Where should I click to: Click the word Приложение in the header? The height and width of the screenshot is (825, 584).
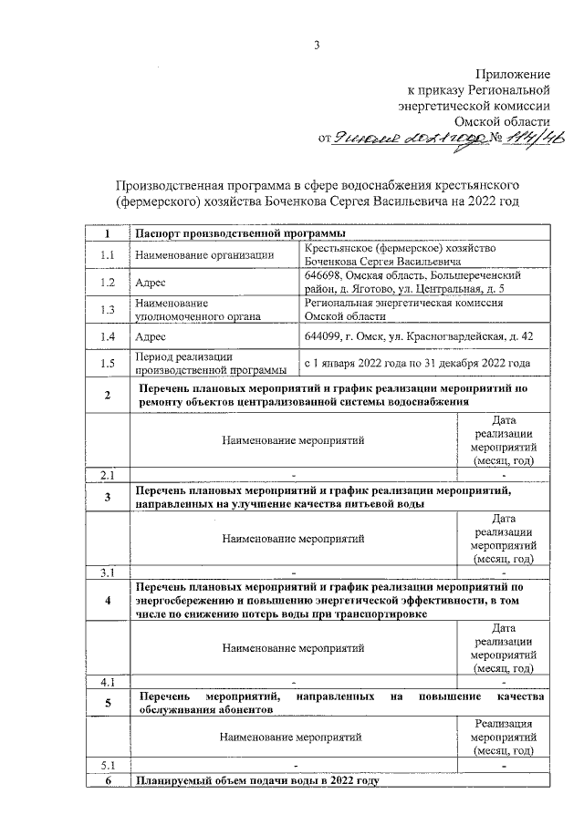point(513,73)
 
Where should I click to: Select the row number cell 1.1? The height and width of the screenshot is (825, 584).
point(107,255)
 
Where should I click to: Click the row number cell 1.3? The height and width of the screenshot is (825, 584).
point(107,310)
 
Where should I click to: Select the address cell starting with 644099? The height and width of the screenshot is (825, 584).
point(419,337)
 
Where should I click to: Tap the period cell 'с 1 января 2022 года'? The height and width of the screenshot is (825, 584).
point(417,363)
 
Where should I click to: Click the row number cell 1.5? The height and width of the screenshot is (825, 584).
point(107,363)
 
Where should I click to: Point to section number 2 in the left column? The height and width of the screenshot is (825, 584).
point(107,395)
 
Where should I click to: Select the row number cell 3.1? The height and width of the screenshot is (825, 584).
point(107,572)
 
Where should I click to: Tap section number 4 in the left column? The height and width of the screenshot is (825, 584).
point(107,600)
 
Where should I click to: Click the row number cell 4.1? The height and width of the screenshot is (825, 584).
point(107,681)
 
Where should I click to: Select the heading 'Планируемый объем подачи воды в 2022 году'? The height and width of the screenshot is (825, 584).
point(256,781)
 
